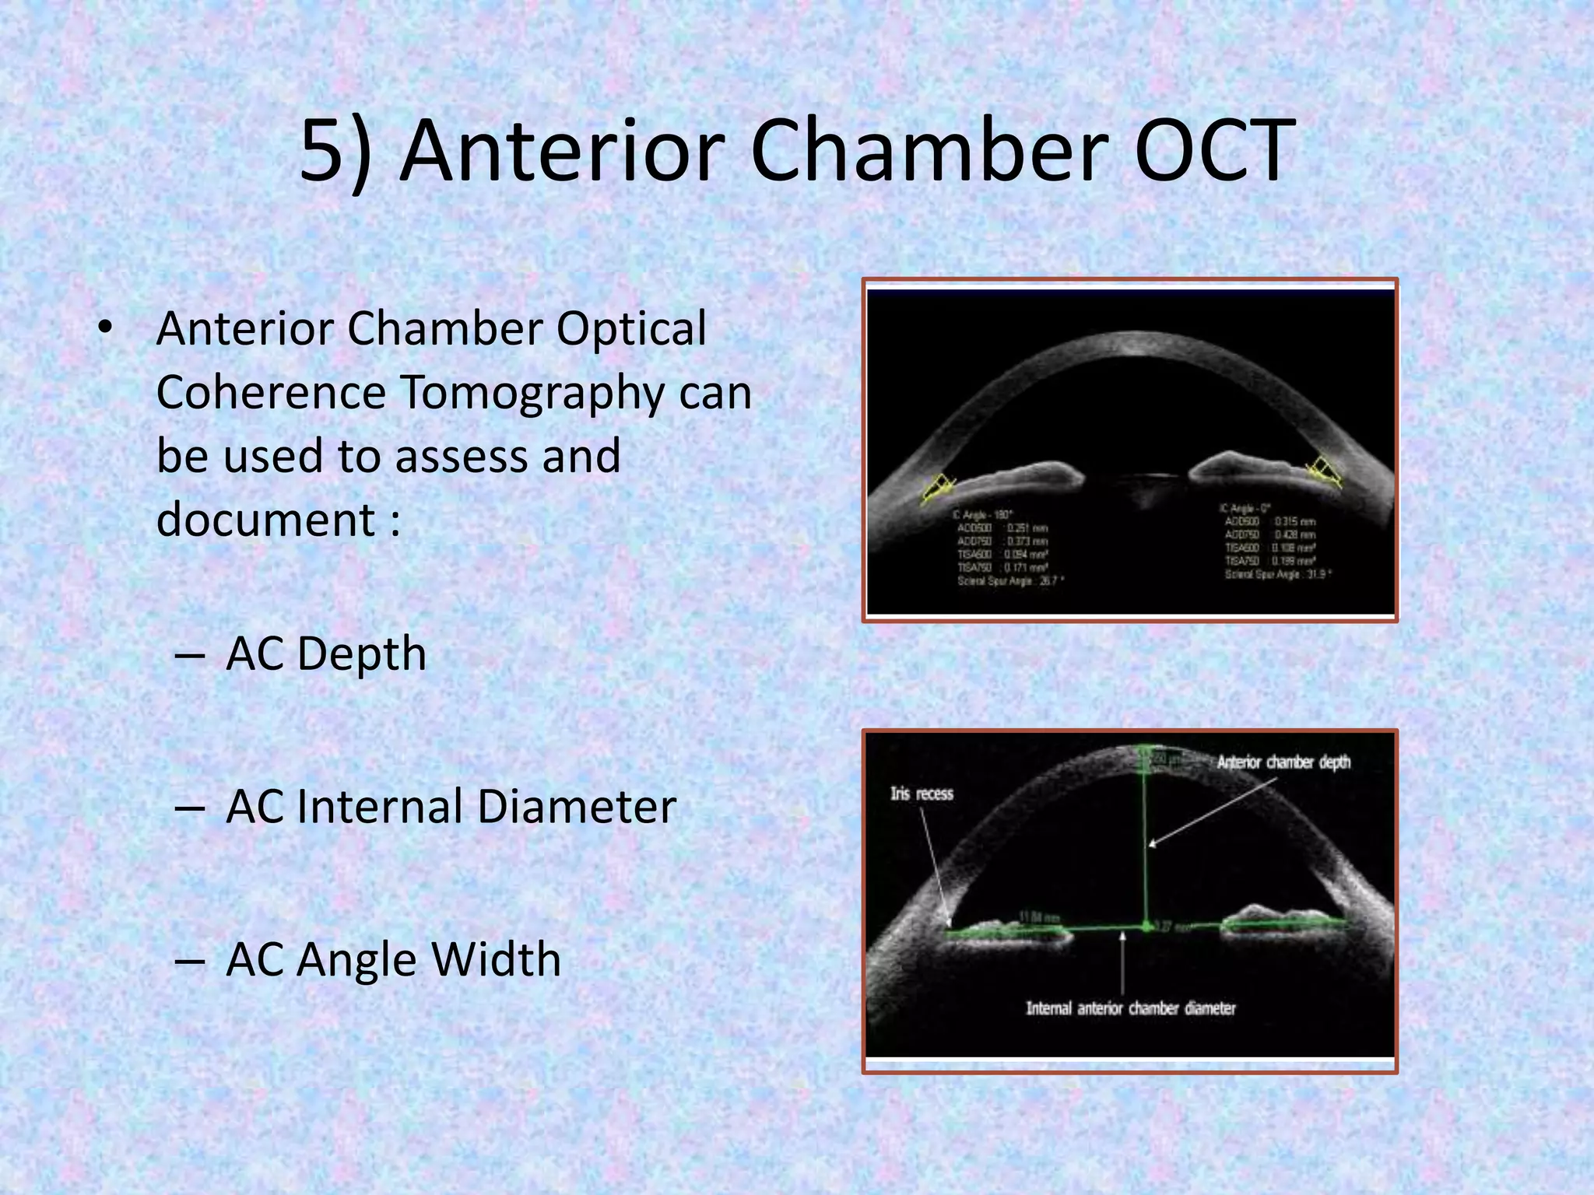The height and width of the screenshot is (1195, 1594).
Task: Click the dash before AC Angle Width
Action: pos(191,960)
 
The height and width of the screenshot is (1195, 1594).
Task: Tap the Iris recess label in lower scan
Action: pos(922,794)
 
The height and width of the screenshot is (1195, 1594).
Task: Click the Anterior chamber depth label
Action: pos(1283,762)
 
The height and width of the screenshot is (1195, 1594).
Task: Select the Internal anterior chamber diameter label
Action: pos(1130,1008)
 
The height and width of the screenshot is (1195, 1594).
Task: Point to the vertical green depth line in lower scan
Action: pos(1145,840)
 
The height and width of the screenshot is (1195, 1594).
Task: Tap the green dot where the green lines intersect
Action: pos(1146,925)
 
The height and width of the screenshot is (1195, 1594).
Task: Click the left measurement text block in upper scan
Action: pos(1006,548)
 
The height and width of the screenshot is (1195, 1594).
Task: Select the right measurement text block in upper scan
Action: pos(1275,541)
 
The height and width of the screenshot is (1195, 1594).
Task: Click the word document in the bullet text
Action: pos(265,519)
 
